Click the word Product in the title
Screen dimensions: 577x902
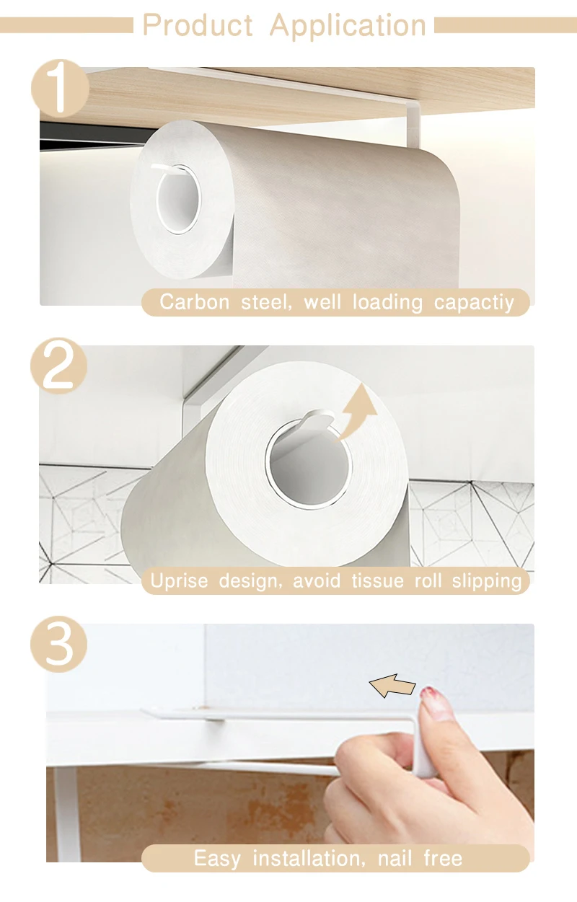tap(198, 25)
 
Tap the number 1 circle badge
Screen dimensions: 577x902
tap(60, 87)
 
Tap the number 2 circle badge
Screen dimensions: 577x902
tap(59, 366)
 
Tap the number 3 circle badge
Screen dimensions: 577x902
tap(59, 644)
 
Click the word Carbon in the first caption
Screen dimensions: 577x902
tap(195, 302)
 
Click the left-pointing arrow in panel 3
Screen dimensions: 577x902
tap(392, 686)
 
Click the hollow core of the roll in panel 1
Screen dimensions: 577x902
tap(178, 199)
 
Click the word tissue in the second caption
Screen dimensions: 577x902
tap(377, 581)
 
